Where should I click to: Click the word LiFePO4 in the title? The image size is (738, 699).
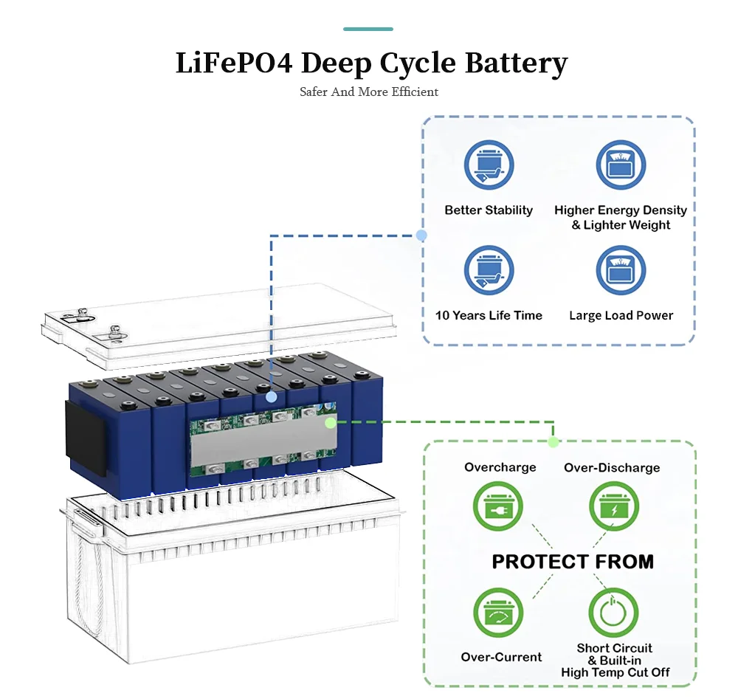(234, 63)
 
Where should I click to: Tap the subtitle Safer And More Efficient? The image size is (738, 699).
(369, 92)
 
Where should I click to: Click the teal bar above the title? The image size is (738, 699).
(368, 30)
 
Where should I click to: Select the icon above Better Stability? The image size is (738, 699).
(489, 165)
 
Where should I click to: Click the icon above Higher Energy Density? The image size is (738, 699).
(621, 165)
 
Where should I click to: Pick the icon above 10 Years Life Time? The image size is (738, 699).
(489, 270)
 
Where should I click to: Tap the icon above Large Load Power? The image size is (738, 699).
(621, 270)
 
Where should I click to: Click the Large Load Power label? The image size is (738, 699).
(621, 315)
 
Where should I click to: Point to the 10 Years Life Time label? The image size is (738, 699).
(489, 315)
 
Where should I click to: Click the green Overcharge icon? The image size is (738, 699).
(498, 506)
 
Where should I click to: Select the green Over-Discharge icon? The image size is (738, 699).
(614, 506)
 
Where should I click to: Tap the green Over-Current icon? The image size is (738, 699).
(498, 613)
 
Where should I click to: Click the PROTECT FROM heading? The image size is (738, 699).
(573, 562)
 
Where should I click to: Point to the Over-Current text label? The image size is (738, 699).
(501, 657)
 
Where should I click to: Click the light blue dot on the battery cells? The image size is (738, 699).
(271, 397)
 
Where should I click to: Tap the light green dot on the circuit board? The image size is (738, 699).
(331, 423)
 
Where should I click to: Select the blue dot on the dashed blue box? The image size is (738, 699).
(421, 235)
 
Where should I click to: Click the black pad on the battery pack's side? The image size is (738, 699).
(85, 438)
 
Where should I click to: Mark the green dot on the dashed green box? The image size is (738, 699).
(553, 441)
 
